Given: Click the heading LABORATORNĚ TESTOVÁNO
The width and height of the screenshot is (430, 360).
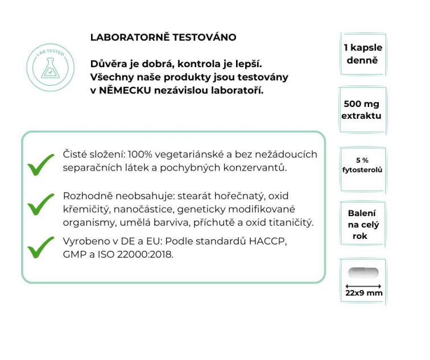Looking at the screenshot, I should pos(163,38).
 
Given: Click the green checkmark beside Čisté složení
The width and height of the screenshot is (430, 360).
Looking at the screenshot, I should pos(41,164).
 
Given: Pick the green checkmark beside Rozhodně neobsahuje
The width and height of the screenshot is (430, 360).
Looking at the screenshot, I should pos(41,203).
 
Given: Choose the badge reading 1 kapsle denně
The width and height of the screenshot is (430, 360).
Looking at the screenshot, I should pos(363,53).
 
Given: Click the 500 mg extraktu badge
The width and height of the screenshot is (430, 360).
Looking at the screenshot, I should pos(362,110).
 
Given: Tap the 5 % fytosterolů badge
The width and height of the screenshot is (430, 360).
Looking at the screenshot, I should pos(362,165).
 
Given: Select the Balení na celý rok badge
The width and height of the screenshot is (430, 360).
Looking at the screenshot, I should pos(362,225).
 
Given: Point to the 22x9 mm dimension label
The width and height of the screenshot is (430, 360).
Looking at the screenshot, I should pos(363,293).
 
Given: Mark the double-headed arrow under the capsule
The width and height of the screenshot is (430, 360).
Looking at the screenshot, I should pos(362,285).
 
